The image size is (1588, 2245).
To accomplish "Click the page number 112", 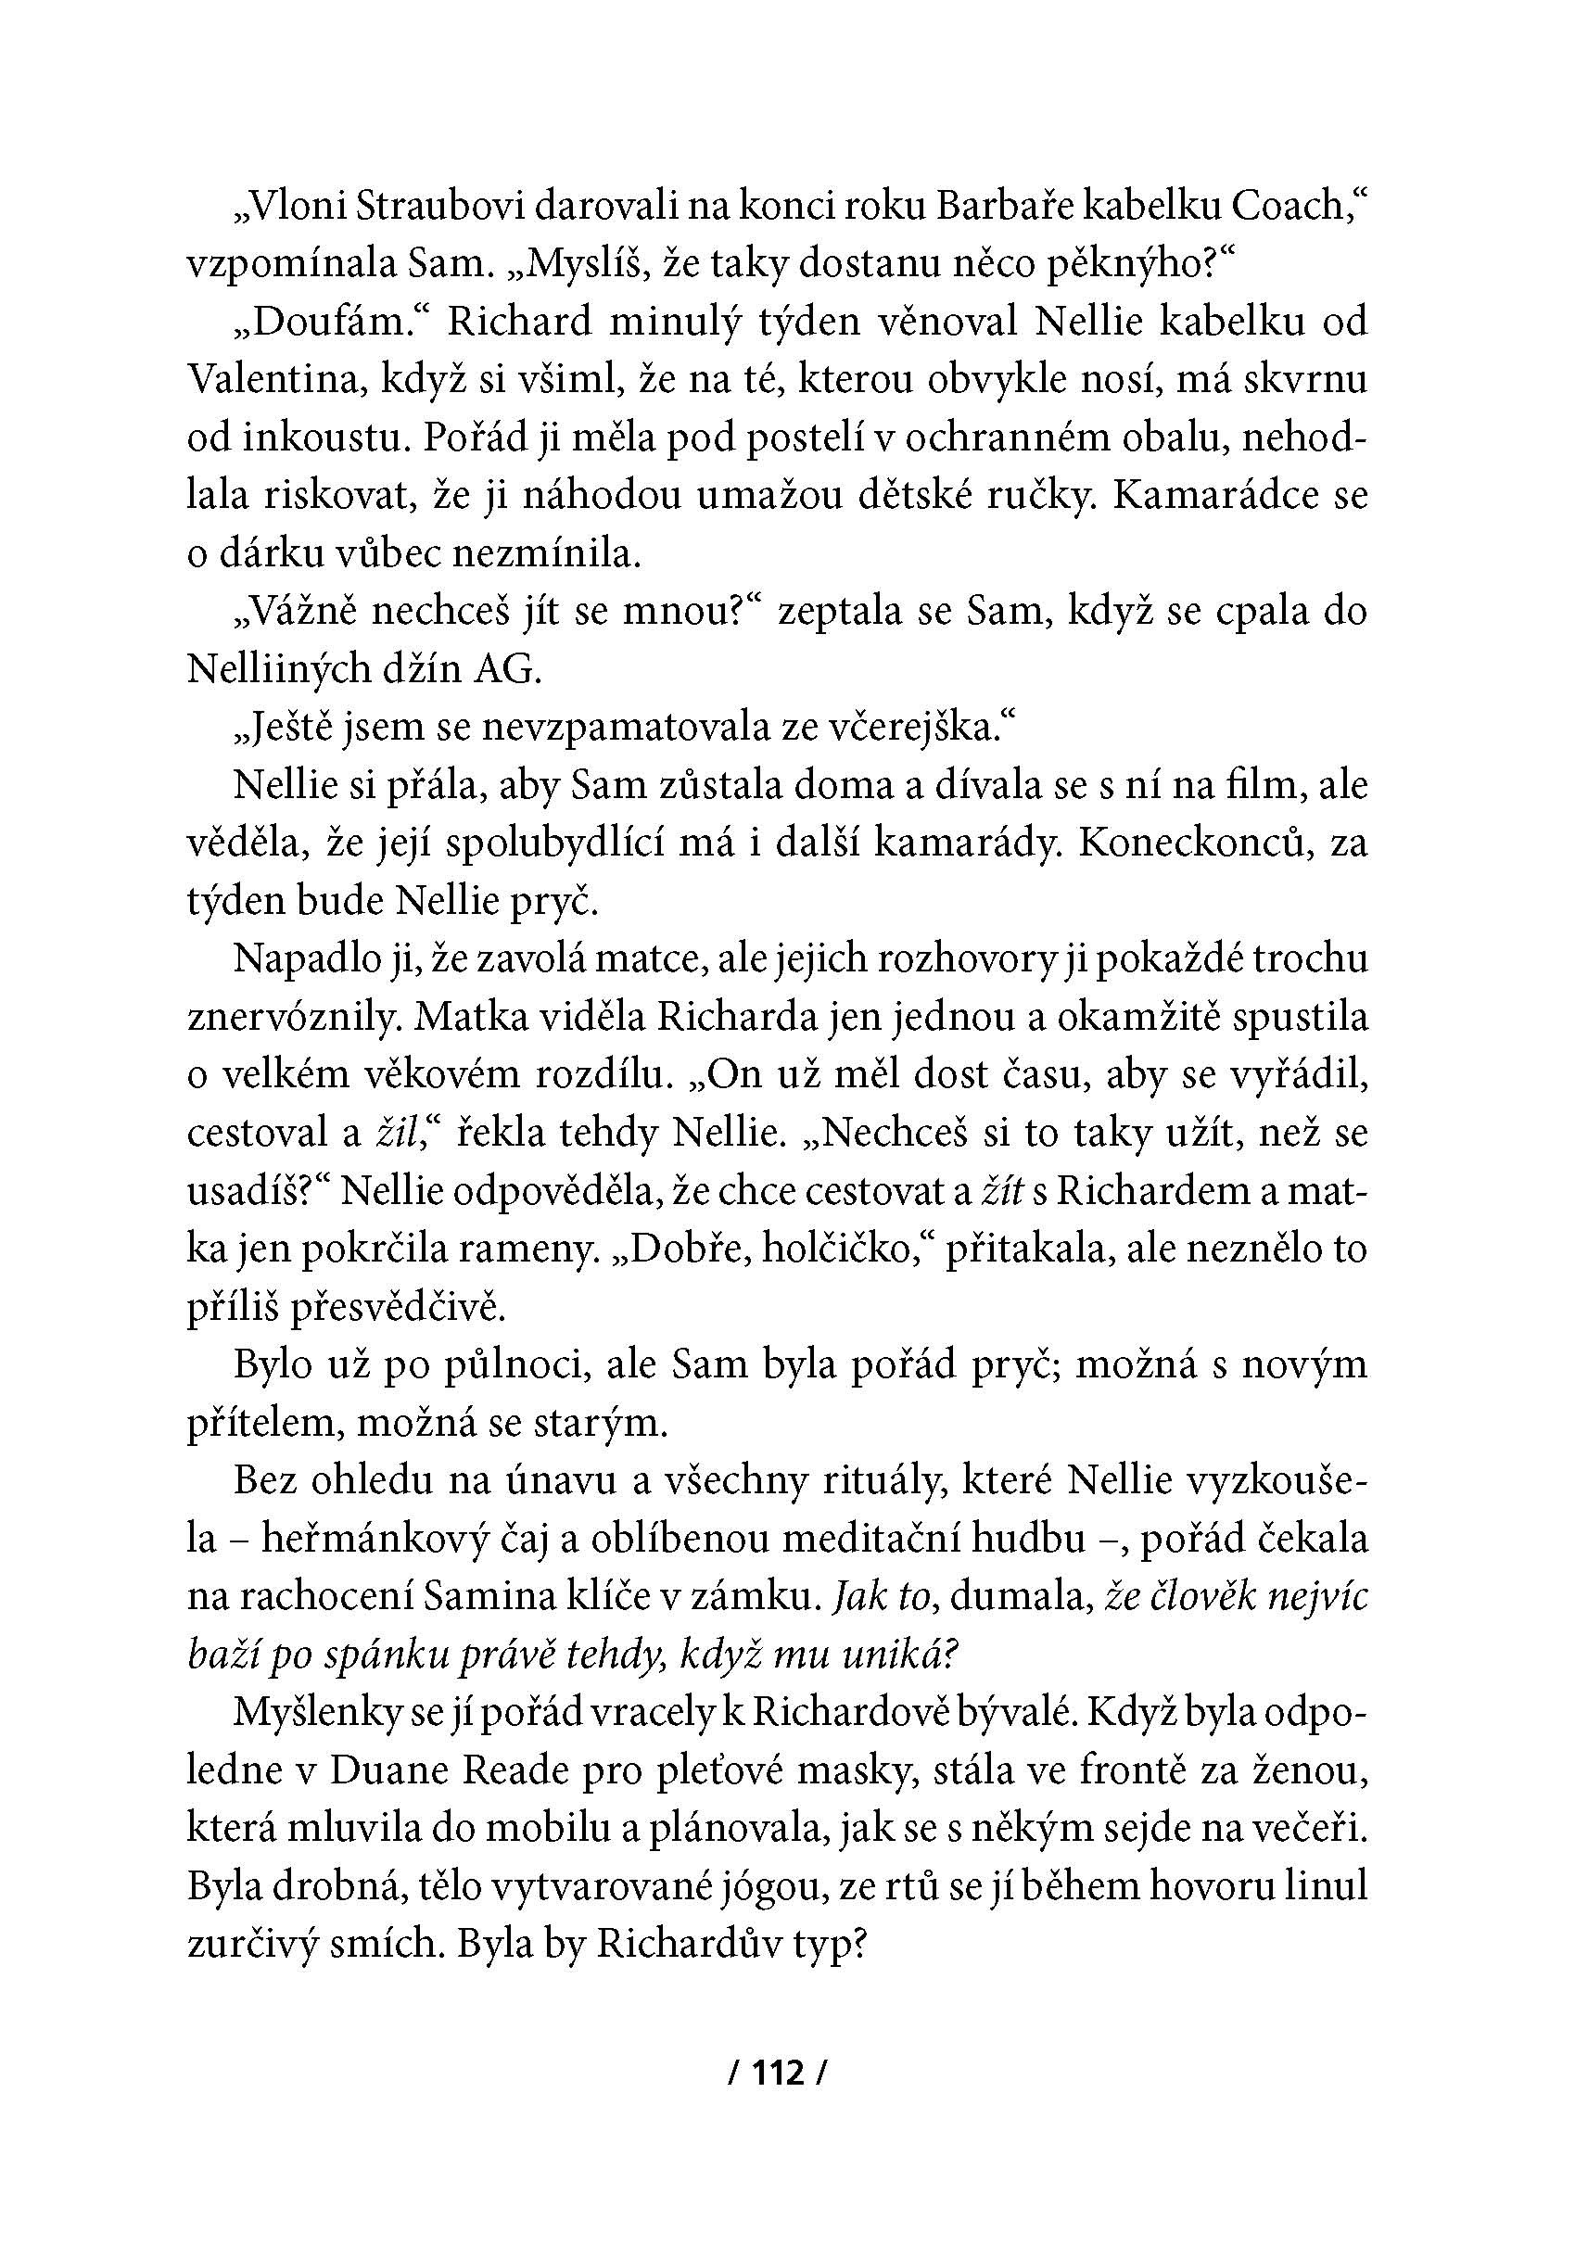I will (779, 2072).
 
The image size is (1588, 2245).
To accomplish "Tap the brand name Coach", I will (1288, 206).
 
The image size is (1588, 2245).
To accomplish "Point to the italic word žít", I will (1002, 1191).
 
